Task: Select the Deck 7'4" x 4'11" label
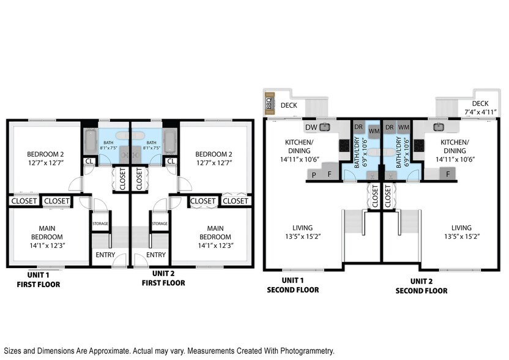pyautogui.click(x=480, y=108)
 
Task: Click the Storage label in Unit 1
pyautogui.click(x=100, y=224)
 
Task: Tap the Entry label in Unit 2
pyautogui.click(x=156, y=255)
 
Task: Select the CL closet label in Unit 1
pyautogui.click(x=89, y=161)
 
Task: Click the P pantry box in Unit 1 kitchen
pyautogui.click(x=314, y=175)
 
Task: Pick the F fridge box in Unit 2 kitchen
pyautogui.click(x=448, y=174)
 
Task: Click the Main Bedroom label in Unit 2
pyautogui.click(x=215, y=233)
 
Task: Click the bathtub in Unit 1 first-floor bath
pyautogui.click(x=90, y=141)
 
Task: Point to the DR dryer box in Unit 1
pyautogui.click(x=359, y=127)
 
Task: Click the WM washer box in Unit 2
pyautogui.click(x=403, y=127)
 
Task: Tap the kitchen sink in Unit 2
pyautogui.click(x=439, y=127)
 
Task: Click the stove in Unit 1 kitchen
pyautogui.click(x=346, y=146)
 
